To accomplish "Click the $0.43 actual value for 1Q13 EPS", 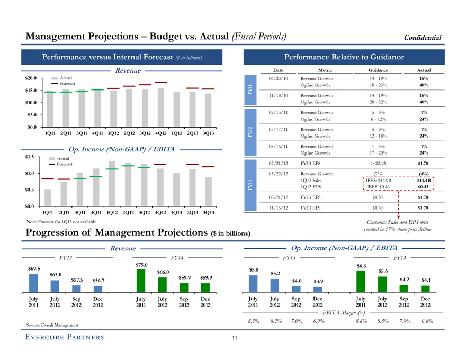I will tap(423, 186).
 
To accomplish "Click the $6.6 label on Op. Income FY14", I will tap(362, 266).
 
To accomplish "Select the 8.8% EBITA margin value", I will tap(361, 321).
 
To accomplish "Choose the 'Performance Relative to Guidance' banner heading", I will tap(344, 57).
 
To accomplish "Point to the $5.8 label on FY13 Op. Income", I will tap(254, 270).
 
